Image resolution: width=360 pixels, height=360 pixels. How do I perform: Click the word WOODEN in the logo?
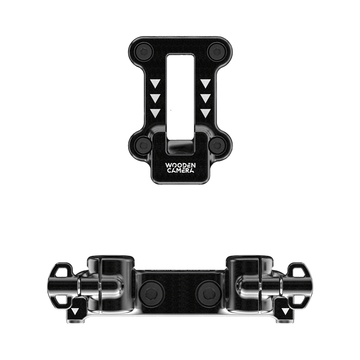(x=180, y=166)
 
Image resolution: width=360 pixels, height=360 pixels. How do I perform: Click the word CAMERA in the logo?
(x=180, y=171)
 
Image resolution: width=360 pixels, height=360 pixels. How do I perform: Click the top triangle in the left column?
(x=155, y=83)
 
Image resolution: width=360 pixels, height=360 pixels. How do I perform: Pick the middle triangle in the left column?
(x=155, y=98)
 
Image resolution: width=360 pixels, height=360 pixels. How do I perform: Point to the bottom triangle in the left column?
(x=155, y=113)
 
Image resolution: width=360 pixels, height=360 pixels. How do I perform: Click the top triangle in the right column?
(x=206, y=83)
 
